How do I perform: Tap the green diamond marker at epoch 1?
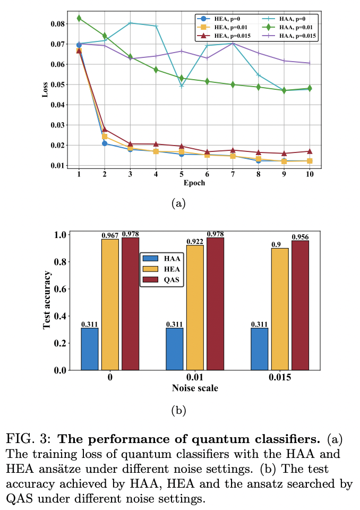pos(79,18)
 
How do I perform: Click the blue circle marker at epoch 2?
pos(105,143)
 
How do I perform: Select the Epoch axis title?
pos(194,183)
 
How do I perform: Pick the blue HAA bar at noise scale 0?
pos(90,348)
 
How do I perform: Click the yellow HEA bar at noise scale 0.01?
pos(195,307)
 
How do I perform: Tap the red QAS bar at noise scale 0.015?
pos(300,305)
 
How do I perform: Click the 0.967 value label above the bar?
pos(110,235)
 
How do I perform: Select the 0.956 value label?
pos(300,236)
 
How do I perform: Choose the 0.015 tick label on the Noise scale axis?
pos(279,379)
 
